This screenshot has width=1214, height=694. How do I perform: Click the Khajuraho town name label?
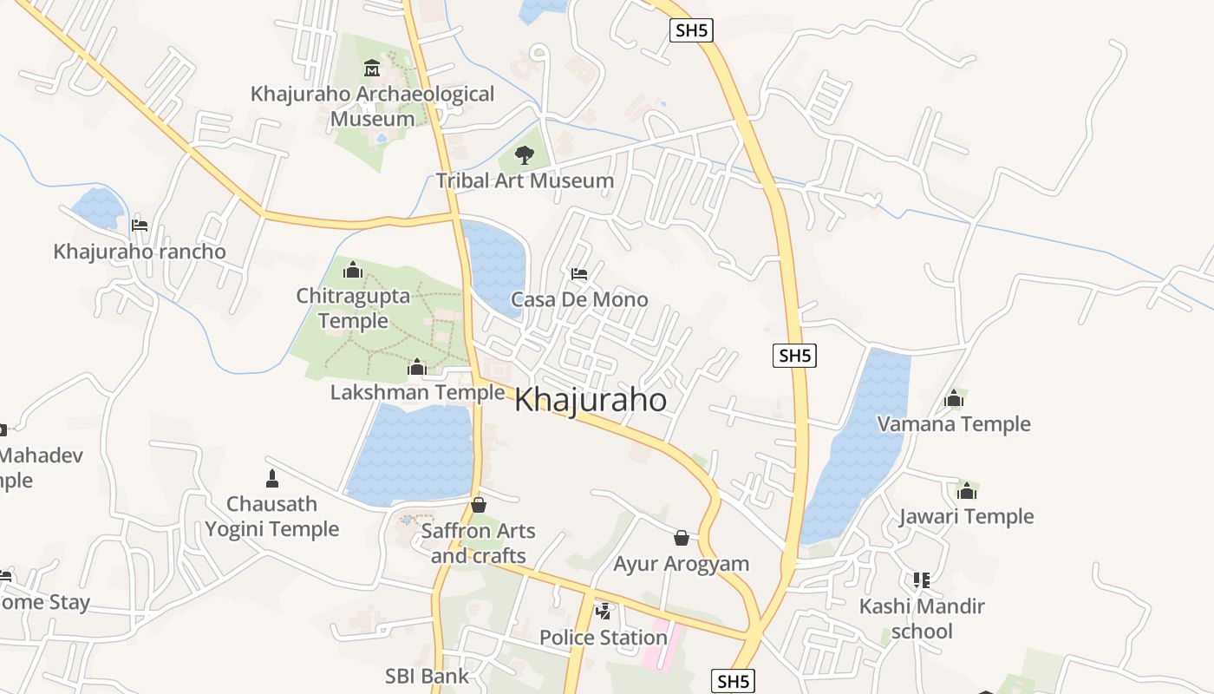[x=591, y=401]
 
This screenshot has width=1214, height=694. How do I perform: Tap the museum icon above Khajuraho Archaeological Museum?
[x=372, y=68]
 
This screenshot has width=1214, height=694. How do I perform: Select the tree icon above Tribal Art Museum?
[x=524, y=155]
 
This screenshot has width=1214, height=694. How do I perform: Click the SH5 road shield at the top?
[x=692, y=30]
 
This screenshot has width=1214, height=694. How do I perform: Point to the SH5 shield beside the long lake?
[x=795, y=355]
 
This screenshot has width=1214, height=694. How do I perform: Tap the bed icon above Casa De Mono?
[x=579, y=274]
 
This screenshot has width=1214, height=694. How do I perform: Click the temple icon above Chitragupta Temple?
[x=352, y=270]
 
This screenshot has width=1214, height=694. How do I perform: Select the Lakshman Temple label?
[x=417, y=393]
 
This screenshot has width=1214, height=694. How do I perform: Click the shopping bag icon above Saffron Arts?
[x=478, y=505]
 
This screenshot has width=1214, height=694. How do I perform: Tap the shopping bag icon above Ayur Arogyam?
[x=682, y=538]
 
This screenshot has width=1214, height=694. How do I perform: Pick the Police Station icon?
[x=603, y=612]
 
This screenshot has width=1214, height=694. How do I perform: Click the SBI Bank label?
[x=427, y=676]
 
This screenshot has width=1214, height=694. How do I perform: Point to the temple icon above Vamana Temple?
[x=954, y=398]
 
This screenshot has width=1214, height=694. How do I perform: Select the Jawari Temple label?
[x=966, y=517]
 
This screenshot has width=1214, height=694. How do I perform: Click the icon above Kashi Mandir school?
[x=921, y=579]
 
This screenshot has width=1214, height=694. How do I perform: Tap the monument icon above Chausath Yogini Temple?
[x=271, y=478]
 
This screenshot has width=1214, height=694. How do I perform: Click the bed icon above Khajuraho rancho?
[x=139, y=226]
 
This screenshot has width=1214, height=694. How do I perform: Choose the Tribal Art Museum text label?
[x=525, y=181]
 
